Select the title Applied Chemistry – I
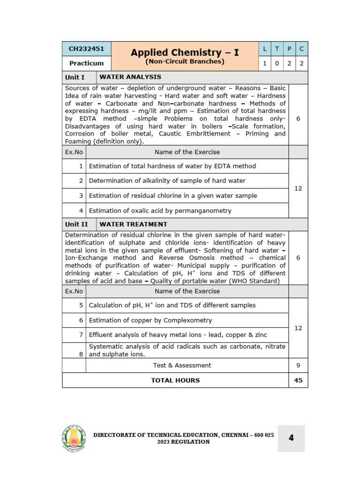185,52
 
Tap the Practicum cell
86,63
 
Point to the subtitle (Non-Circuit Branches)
185,61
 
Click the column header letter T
277,48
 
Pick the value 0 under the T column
277,63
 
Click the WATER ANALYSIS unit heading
130,77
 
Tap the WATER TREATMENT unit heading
133,224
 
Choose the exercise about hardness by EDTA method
172,166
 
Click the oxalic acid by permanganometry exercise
160,210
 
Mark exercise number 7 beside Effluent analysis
81,335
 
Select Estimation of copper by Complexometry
150,320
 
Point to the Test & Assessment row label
182,365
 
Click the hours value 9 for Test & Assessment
298,365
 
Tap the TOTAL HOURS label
175,380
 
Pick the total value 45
298,380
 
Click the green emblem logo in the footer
74,438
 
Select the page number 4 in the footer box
291,438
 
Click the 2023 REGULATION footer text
183,442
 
